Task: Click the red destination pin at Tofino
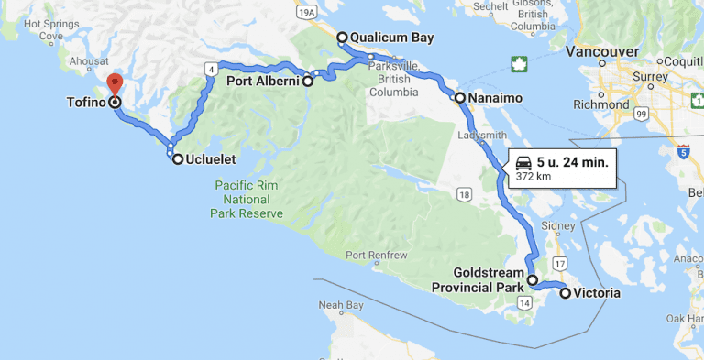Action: [x=115, y=85]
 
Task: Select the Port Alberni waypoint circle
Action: [x=308, y=82]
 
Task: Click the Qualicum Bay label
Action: [x=391, y=38]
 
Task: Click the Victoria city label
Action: [x=599, y=294]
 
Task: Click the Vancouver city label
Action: [x=602, y=49]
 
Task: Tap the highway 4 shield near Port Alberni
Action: [x=212, y=69]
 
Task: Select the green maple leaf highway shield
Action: [x=520, y=64]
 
